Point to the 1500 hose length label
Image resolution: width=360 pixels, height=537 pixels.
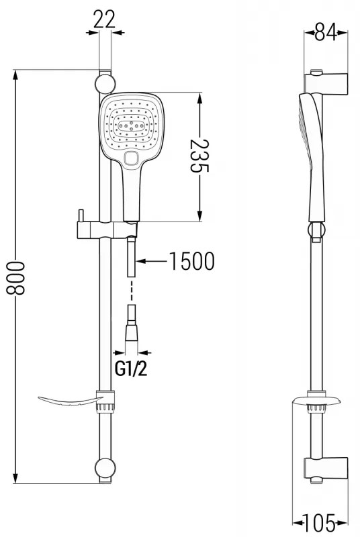(x=191, y=260)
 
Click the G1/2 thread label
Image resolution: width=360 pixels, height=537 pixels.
(x=132, y=369)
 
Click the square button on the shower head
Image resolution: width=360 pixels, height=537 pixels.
(x=132, y=158)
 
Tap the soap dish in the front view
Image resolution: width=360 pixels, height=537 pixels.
(x=67, y=401)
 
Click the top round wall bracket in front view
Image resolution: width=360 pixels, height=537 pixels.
(x=104, y=83)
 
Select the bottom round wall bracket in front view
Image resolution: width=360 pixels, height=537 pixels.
(x=104, y=468)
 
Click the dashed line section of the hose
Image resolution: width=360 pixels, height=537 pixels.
(x=132, y=290)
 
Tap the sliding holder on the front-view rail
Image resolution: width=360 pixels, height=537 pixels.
(x=104, y=228)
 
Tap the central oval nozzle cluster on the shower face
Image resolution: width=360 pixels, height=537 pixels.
(x=132, y=125)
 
